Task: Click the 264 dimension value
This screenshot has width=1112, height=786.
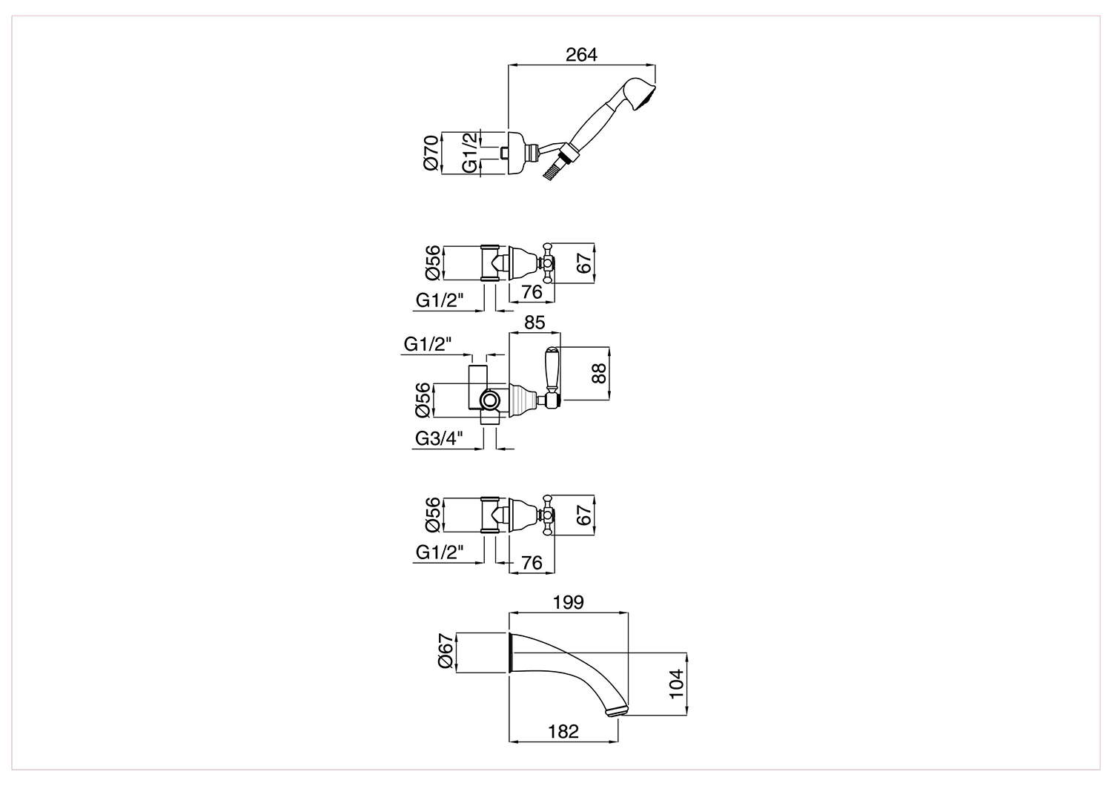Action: (581, 55)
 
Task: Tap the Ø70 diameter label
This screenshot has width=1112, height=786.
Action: (431, 153)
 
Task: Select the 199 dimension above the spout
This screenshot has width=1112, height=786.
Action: (569, 602)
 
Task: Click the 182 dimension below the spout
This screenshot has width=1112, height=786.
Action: (563, 731)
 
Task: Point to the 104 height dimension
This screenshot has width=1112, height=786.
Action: (676, 684)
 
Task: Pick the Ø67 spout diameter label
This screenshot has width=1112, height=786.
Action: (446, 650)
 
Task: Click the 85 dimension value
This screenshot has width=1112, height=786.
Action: (535, 323)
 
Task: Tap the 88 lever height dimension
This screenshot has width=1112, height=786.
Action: (599, 373)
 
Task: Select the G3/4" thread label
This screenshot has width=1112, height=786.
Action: (440, 438)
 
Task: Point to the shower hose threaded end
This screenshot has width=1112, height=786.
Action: (551, 172)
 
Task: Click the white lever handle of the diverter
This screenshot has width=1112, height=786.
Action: (552, 369)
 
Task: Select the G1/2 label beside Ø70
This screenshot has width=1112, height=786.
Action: (469, 153)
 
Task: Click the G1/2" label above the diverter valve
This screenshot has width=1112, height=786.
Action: (428, 344)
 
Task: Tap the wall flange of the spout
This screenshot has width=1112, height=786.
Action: (509, 653)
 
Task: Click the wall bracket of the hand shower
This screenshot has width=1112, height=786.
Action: (517, 153)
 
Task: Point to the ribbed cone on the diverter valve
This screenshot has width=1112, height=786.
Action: (523, 400)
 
